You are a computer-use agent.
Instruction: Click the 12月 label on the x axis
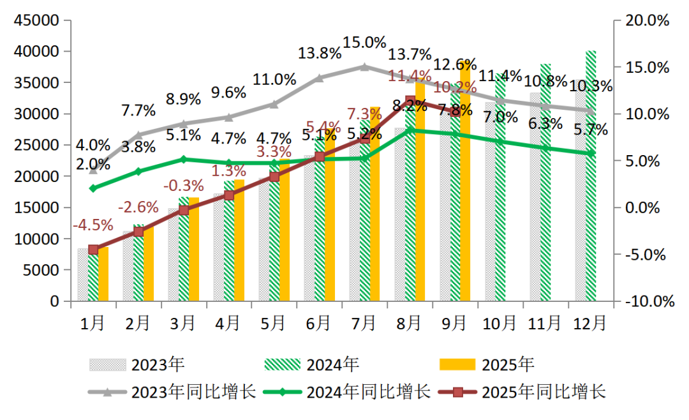tap(590, 323)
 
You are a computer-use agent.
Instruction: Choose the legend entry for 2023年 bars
tap(137, 364)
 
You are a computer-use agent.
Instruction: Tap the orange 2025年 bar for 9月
tap(465, 179)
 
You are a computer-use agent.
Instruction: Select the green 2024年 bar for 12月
tap(591, 176)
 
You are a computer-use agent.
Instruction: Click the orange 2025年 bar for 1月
tap(103, 274)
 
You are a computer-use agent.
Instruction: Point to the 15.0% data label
tap(364, 43)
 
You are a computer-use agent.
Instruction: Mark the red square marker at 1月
tap(93, 250)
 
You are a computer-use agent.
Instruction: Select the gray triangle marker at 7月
tap(364, 66)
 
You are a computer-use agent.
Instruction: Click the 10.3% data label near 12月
tap(591, 86)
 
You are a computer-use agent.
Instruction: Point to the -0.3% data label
tap(183, 186)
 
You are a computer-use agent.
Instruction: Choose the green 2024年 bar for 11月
tap(545, 182)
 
